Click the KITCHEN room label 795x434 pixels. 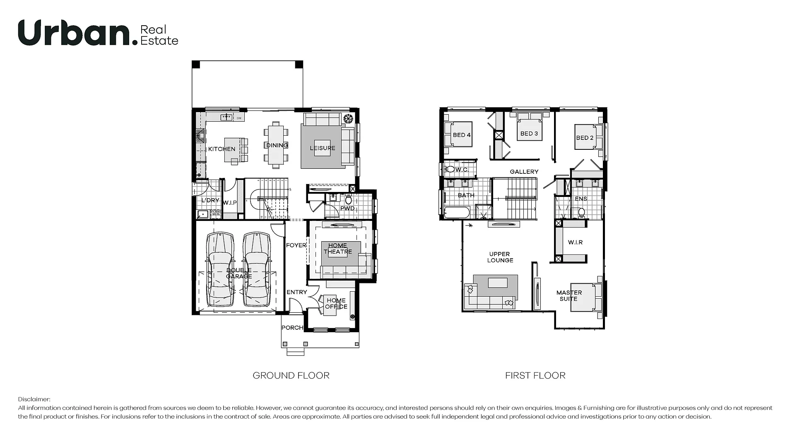pos(222,149)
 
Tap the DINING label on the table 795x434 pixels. pos(277,145)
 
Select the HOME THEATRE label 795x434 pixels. pos(338,248)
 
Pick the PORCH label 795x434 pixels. pos(292,328)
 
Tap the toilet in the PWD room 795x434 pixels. pos(349,200)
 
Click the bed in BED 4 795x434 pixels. pos(458,134)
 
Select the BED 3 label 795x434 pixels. pos(529,134)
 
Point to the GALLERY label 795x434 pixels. pos(524,172)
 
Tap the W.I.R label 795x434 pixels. pos(575,242)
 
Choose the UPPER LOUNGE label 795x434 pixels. pos(500,257)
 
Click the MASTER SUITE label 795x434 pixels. pos(569,295)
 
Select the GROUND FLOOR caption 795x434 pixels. pos(291,376)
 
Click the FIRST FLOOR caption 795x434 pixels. pos(535,376)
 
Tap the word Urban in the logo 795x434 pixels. pos(74,33)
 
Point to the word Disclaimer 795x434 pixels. pos(34,400)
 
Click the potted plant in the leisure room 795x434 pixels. pos(348,118)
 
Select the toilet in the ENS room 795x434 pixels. pos(581,213)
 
